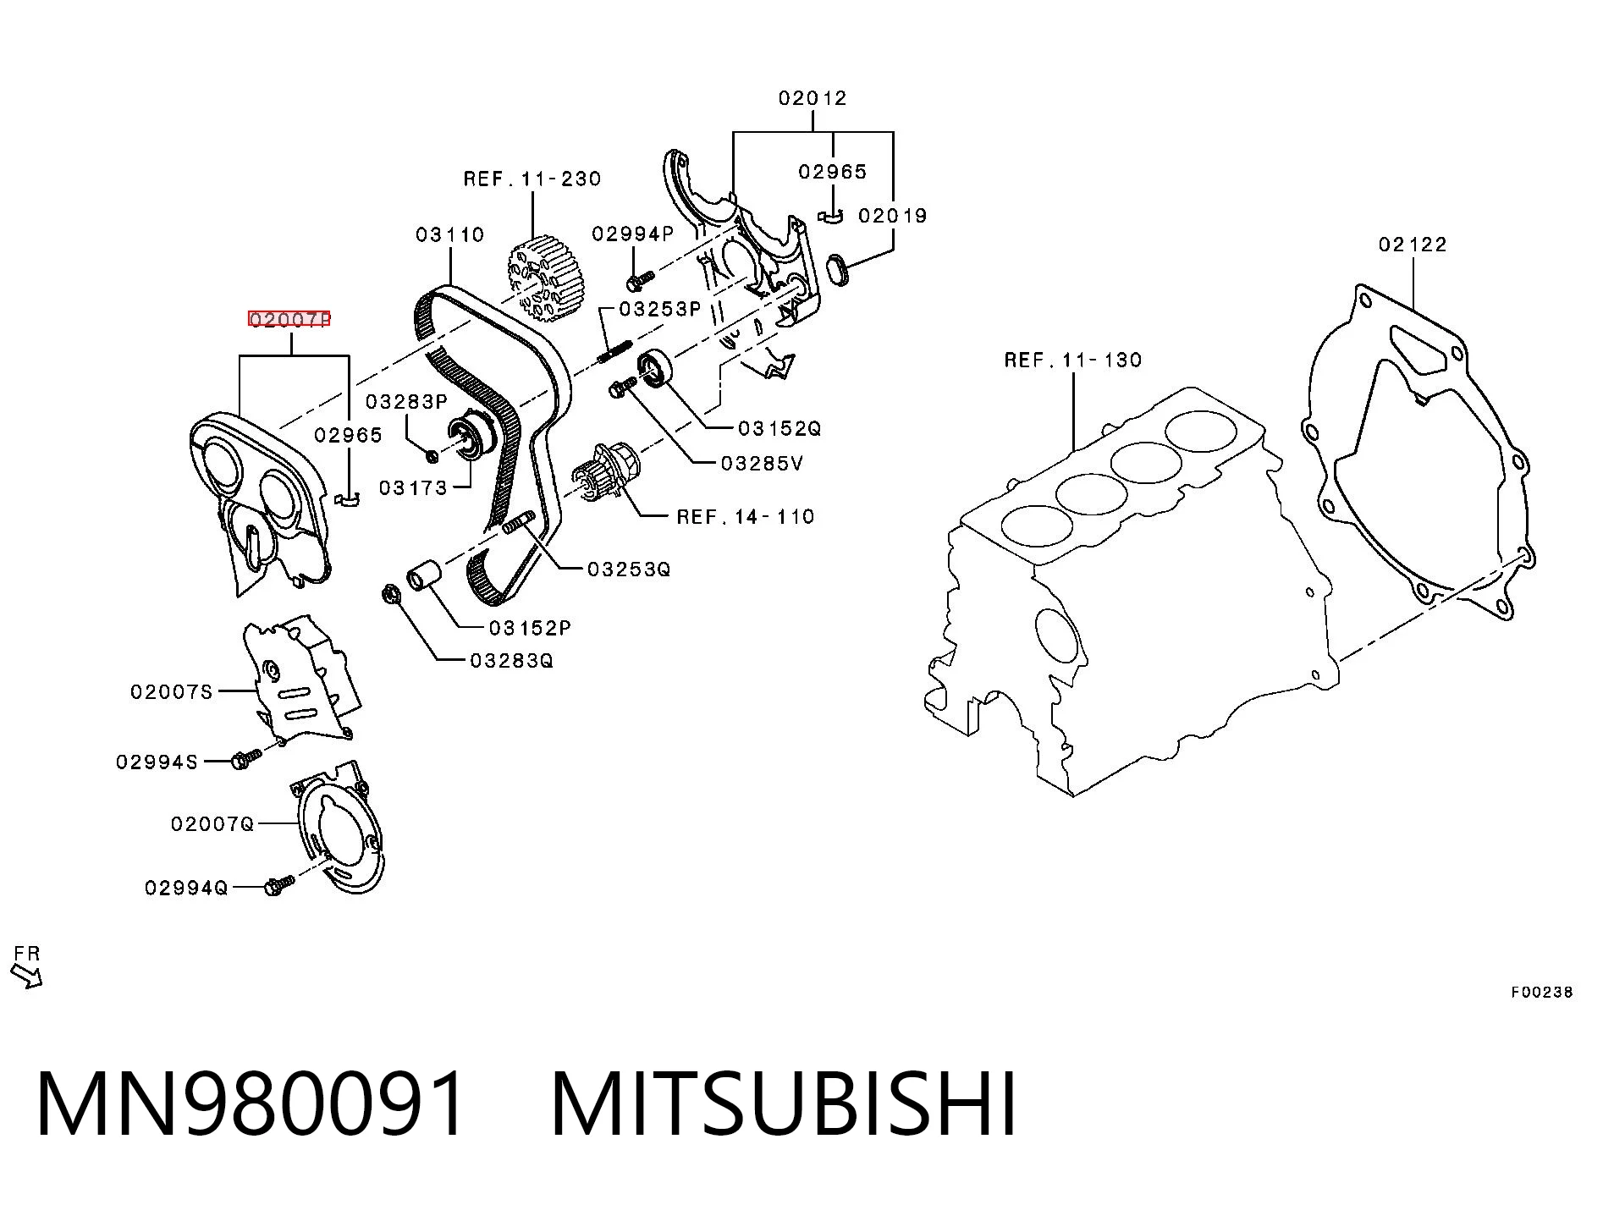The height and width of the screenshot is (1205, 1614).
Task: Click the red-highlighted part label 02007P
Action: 289,319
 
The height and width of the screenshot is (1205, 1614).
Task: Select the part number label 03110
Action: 449,234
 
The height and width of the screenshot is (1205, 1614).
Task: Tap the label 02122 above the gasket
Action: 1413,245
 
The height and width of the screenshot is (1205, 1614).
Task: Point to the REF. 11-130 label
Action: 1073,360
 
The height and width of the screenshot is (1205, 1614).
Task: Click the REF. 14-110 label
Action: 746,516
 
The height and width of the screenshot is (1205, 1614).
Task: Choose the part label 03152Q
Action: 779,429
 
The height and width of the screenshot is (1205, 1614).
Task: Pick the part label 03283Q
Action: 511,660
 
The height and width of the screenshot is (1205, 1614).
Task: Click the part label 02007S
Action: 172,692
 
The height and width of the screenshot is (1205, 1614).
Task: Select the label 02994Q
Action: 186,888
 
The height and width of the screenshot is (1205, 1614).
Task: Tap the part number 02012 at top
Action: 813,98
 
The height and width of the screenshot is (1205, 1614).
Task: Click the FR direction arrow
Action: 26,976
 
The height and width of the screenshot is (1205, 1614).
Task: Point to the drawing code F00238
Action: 1542,993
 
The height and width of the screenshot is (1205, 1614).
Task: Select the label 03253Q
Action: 629,569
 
